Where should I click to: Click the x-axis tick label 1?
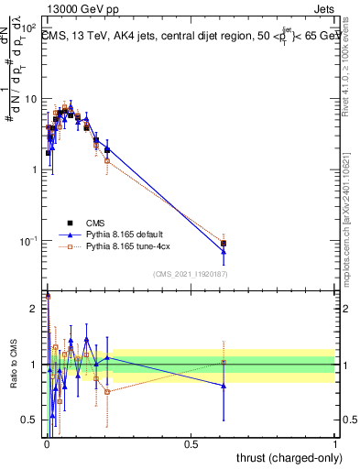(x=335, y=444)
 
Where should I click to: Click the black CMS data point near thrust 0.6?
(x=224, y=244)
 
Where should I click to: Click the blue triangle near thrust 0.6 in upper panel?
(x=224, y=250)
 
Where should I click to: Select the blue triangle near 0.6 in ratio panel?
(x=224, y=386)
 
